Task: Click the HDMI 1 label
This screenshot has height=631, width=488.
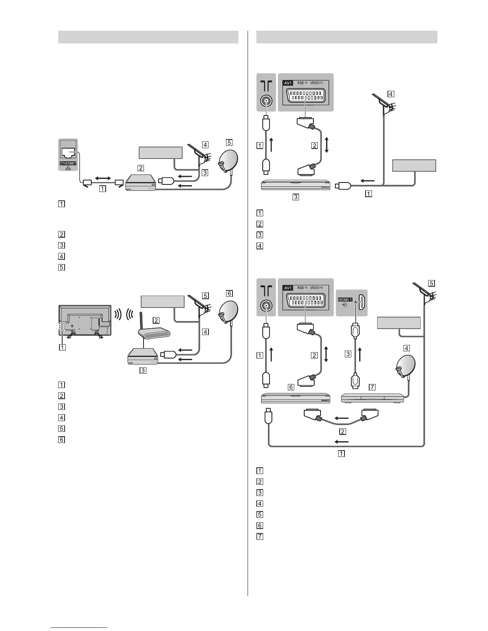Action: point(345,299)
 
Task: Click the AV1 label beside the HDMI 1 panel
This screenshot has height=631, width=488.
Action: point(287,288)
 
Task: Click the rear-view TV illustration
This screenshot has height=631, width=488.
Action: point(85,321)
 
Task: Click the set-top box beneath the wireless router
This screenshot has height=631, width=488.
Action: point(143,357)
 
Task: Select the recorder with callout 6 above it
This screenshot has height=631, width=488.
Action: point(295,398)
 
